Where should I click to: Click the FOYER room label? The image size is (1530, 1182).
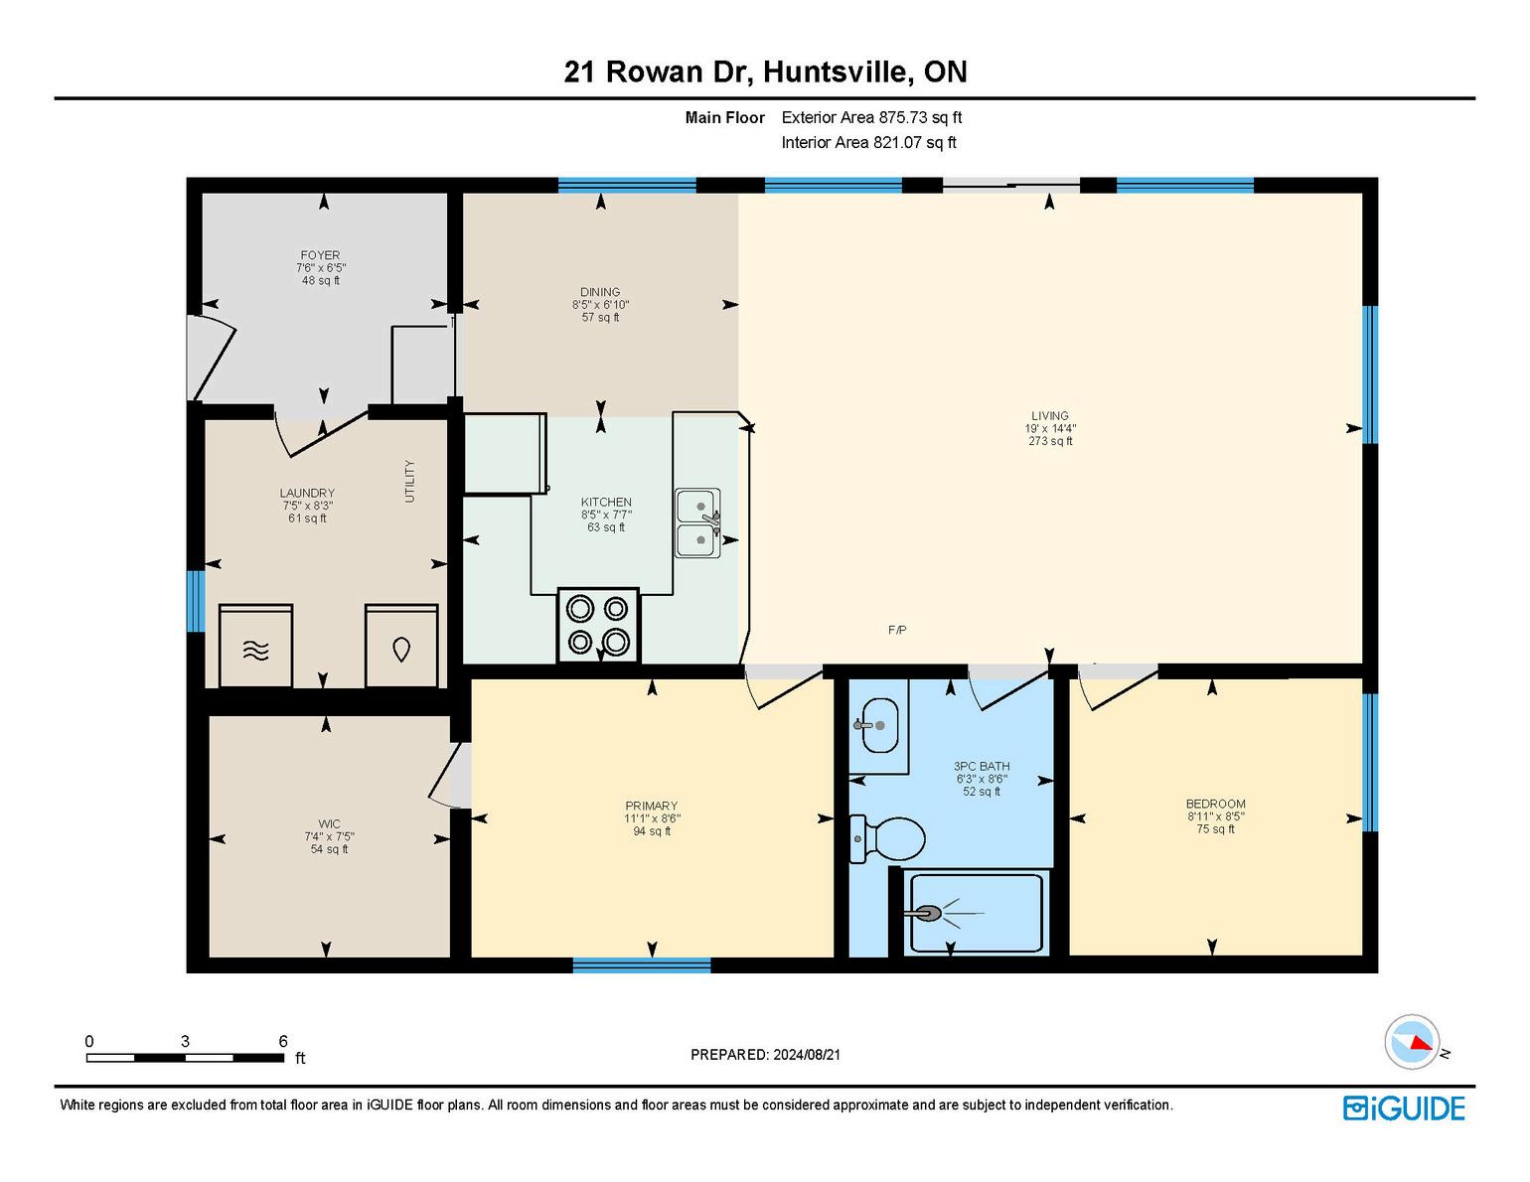320,255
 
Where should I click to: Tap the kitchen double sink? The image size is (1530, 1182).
697,523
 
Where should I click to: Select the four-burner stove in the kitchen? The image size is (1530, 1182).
598,625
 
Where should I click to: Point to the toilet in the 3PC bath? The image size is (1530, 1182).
886,837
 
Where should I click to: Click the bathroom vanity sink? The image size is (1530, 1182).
878,725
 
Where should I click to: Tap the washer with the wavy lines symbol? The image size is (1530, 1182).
255,646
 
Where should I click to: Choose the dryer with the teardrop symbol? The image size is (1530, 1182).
401,646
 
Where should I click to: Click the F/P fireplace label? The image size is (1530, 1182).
896,630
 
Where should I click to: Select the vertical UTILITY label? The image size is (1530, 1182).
409,482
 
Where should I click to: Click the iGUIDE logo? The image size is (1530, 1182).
1403,1108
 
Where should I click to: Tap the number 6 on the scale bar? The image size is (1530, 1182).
283,1041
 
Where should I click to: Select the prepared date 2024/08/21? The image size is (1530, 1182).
807,1055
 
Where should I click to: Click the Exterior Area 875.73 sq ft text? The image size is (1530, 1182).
871,117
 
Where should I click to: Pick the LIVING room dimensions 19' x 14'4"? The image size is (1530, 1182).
1050,428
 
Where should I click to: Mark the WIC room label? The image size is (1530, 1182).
329,823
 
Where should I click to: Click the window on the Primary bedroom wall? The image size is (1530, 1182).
642,964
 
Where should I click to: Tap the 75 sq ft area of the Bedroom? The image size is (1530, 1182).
1215,829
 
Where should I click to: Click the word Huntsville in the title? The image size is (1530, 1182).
835,72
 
